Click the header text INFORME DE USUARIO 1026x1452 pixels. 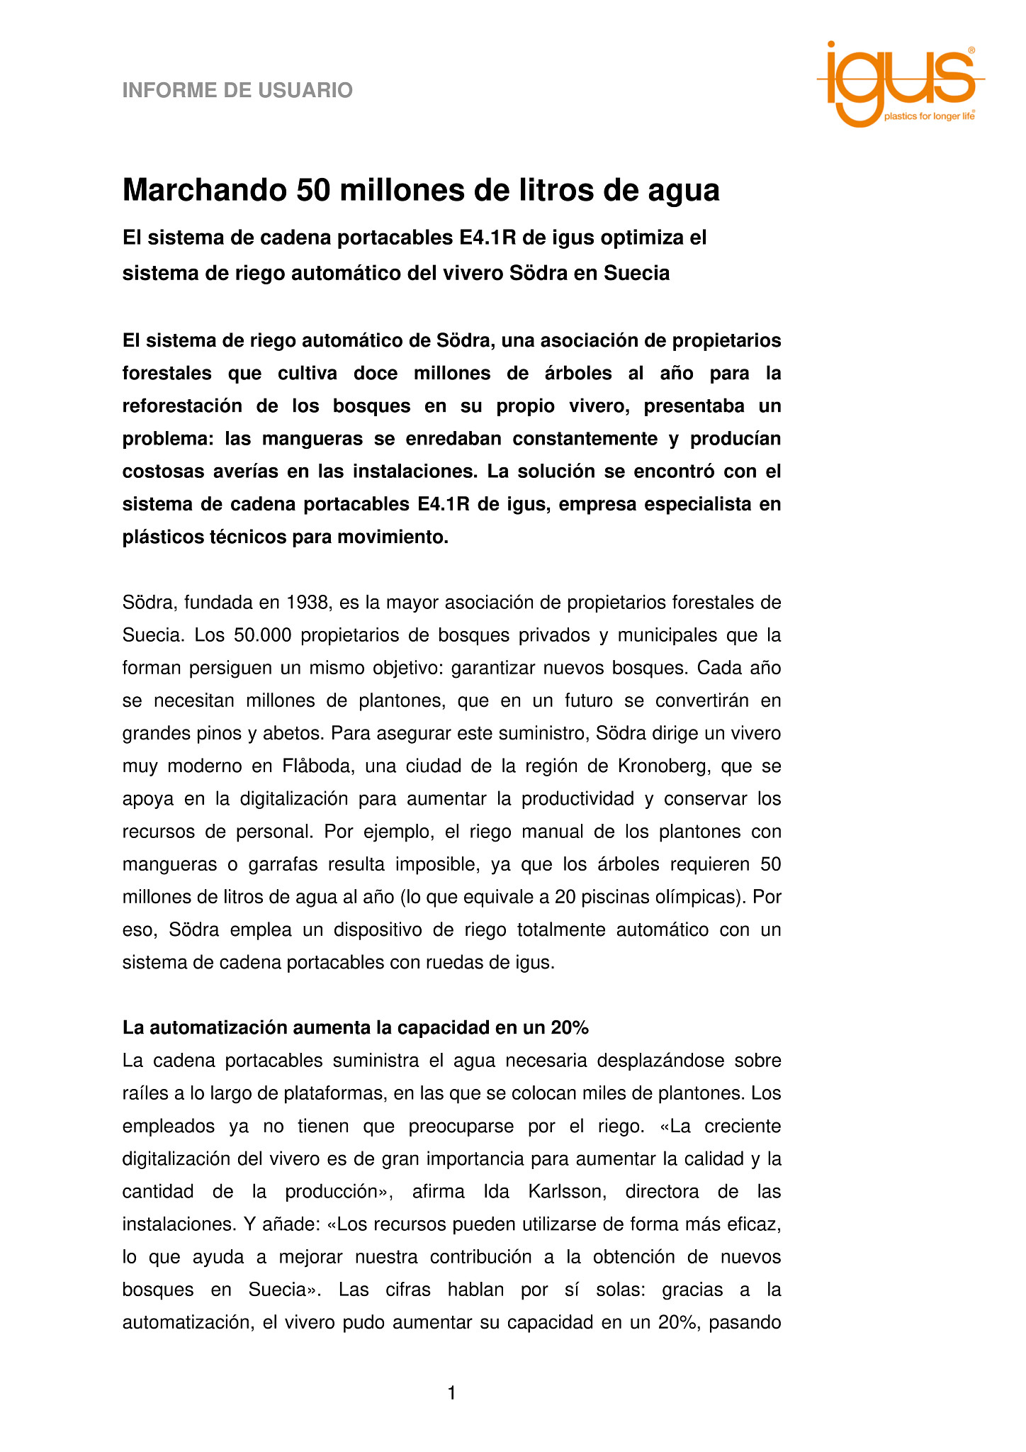pyautogui.click(x=237, y=91)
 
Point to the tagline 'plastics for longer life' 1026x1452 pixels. pyautogui.click(x=929, y=116)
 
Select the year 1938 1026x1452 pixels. pyautogui.click(x=308, y=603)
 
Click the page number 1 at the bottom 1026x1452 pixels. pyautogui.click(x=452, y=1394)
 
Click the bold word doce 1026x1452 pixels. pyautogui.click(x=376, y=374)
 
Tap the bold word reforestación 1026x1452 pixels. pyautogui.click(x=180, y=406)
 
